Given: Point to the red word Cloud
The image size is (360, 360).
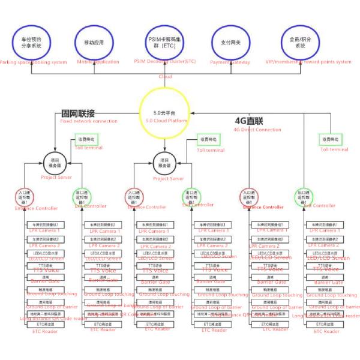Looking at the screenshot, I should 164,77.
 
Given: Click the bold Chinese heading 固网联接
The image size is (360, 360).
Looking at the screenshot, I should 78,113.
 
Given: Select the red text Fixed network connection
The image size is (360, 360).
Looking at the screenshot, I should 89,121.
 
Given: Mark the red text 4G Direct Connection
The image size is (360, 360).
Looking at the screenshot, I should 257,129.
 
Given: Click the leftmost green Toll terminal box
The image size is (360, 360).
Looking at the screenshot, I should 86,139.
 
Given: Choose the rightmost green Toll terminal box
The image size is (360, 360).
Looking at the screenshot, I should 331,140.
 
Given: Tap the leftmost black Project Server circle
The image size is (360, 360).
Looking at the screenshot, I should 54,162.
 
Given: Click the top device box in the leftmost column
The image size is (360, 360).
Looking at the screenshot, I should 43,224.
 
